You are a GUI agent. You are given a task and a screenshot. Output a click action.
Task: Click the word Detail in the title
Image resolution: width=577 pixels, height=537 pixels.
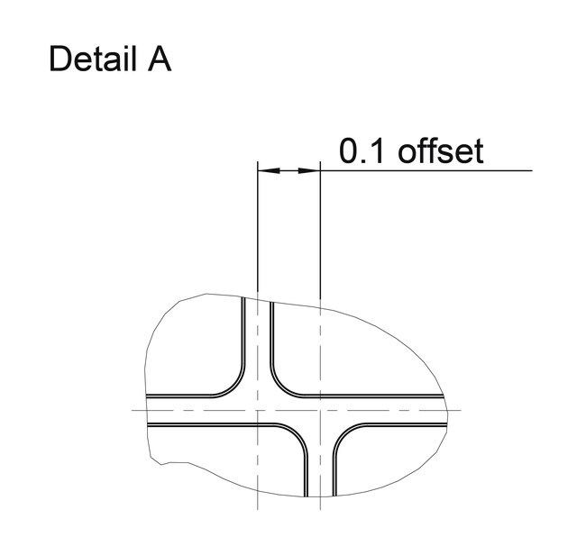(x=93, y=59)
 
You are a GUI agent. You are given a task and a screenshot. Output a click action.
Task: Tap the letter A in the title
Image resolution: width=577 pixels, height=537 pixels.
(x=160, y=59)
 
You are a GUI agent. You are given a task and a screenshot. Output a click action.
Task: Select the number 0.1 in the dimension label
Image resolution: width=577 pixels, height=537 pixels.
(x=362, y=151)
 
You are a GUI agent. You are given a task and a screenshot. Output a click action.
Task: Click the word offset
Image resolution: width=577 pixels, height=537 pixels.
(x=441, y=151)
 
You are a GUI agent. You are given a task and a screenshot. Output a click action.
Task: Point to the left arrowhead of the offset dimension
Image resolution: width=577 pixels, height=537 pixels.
(x=269, y=170)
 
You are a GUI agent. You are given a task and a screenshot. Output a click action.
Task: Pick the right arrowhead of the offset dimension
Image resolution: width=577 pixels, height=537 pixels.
(x=309, y=170)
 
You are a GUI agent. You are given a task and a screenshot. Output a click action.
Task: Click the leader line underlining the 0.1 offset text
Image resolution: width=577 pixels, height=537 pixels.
(x=426, y=170)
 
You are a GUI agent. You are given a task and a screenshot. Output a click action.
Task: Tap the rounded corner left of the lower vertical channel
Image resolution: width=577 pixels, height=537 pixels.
(x=298, y=434)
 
